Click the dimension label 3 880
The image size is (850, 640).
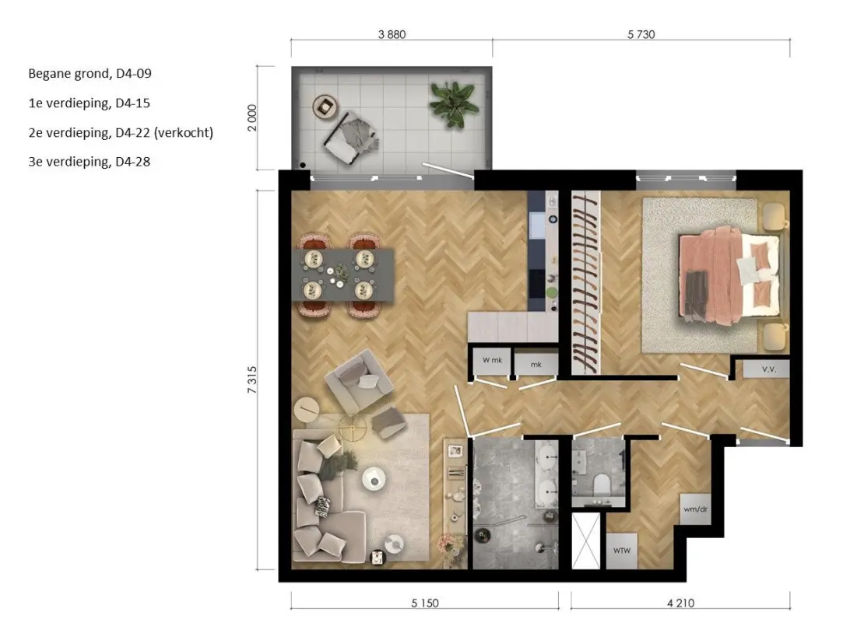(392, 35)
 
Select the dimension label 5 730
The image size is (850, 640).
(641, 35)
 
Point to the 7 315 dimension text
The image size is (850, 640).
(252, 379)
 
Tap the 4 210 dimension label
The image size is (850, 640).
(680, 603)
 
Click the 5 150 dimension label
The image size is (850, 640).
(424, 603)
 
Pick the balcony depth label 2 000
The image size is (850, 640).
(252, 117)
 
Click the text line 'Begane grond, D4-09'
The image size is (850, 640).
(90, 74)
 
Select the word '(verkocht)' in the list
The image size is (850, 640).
(184, 133)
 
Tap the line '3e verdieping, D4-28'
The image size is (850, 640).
(90, 162)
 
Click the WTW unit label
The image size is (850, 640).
(622, 551)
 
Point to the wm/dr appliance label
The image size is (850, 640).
(696, 509)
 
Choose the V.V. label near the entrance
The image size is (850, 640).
(769, 369)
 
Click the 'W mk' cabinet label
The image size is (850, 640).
(492, 359)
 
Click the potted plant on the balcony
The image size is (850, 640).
(453, 103)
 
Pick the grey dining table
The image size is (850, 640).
(343, 275)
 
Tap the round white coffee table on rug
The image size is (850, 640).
(374, 479)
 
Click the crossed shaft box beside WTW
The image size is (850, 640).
(586, 541)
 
